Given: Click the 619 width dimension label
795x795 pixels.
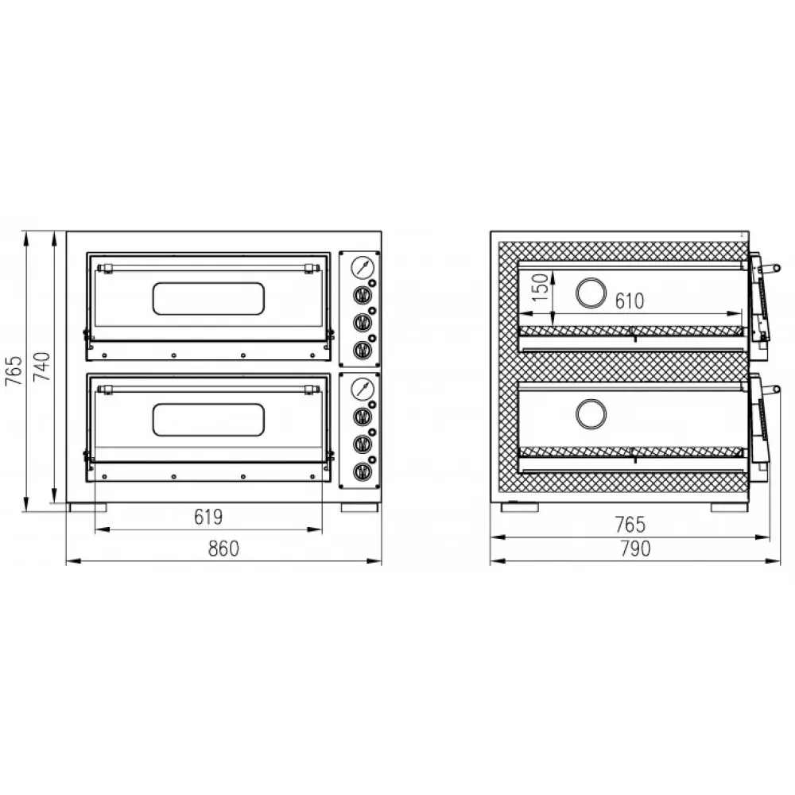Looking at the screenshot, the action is click(x=208, y=517).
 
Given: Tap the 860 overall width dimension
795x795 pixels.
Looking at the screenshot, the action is click(x=223, y=549).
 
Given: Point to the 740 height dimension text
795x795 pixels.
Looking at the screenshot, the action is click(x=42, y=366).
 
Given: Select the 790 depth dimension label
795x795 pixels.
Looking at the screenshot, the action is click(x=635, y=549).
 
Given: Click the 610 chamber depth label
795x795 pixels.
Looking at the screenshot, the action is click(x=630, y=301).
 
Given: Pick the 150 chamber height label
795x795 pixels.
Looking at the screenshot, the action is click(x=541, y=287).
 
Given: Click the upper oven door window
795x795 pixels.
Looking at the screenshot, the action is click(x=208, y=298).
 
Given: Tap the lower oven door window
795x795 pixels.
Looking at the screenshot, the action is click(x=208, y=420).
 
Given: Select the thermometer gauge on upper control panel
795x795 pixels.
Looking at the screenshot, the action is click(x=363, y=267).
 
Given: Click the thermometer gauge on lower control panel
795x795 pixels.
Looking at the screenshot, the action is click(x=363, y=389).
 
